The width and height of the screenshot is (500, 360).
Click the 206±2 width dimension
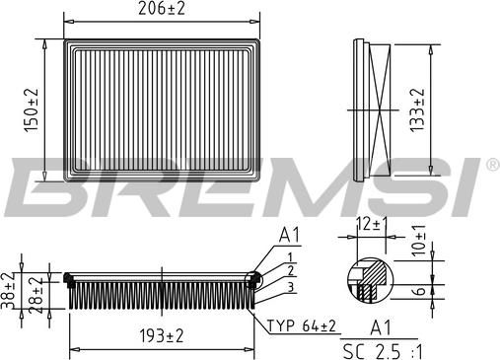162,9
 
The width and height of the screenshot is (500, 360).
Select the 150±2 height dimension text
32,110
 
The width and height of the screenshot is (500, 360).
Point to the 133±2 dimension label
417,110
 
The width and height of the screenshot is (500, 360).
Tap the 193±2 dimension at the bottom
162,336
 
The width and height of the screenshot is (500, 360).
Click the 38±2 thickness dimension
8,291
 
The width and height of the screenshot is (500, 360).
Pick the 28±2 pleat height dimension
36,295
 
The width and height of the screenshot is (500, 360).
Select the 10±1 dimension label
418,241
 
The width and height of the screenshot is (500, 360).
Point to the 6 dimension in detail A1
419,291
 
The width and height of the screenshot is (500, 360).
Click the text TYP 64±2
302,326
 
